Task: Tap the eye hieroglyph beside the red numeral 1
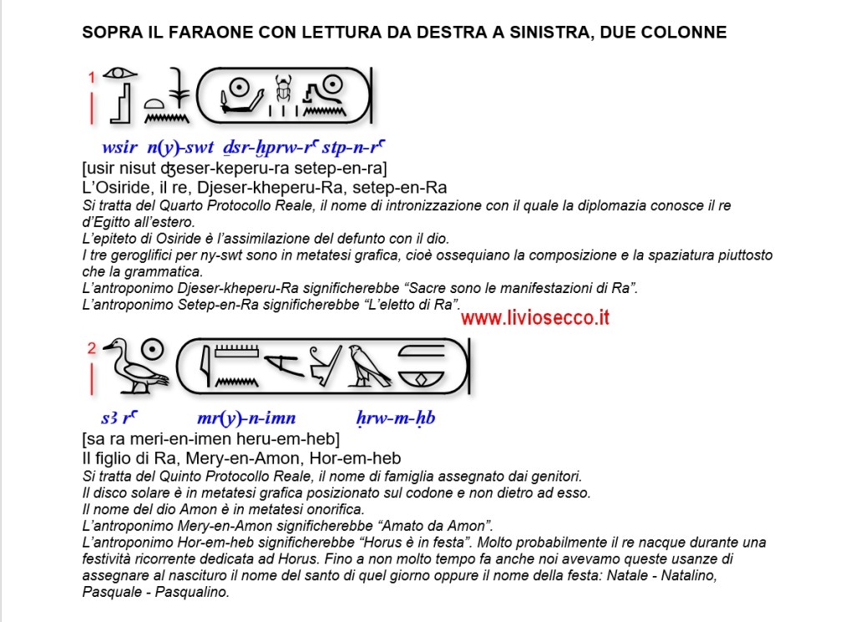120,73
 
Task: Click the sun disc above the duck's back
152,351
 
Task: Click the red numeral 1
92,78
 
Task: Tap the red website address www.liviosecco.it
534,318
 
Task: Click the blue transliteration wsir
119,148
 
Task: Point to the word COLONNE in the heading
689,33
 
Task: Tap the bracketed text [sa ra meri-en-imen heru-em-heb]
210,439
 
